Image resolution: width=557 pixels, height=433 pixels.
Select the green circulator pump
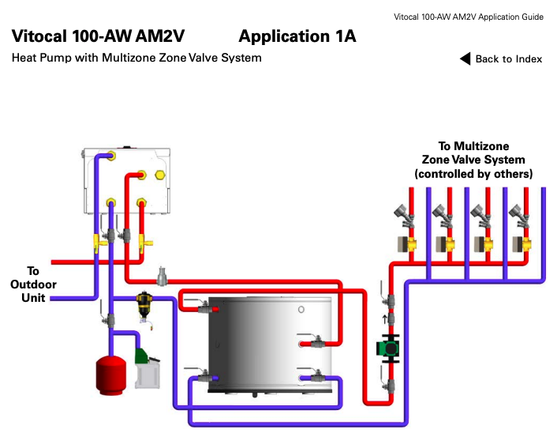tap(388, 348)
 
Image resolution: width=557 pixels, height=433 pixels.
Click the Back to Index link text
tap(508, 59)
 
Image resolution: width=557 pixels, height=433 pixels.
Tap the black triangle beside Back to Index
tap(465, 58)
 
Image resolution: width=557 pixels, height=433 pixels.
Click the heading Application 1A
tap(297, 36)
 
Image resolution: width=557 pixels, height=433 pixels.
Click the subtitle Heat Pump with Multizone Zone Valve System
tap(136, 58)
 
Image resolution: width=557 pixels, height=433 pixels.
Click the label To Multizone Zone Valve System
tap(473, 152)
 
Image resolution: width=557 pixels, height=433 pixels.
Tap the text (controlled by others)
tap(473, 173)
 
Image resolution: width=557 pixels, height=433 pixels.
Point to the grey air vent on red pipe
tap(163, 275)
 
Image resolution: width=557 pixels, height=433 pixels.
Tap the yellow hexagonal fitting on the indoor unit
tap(161, 175)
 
